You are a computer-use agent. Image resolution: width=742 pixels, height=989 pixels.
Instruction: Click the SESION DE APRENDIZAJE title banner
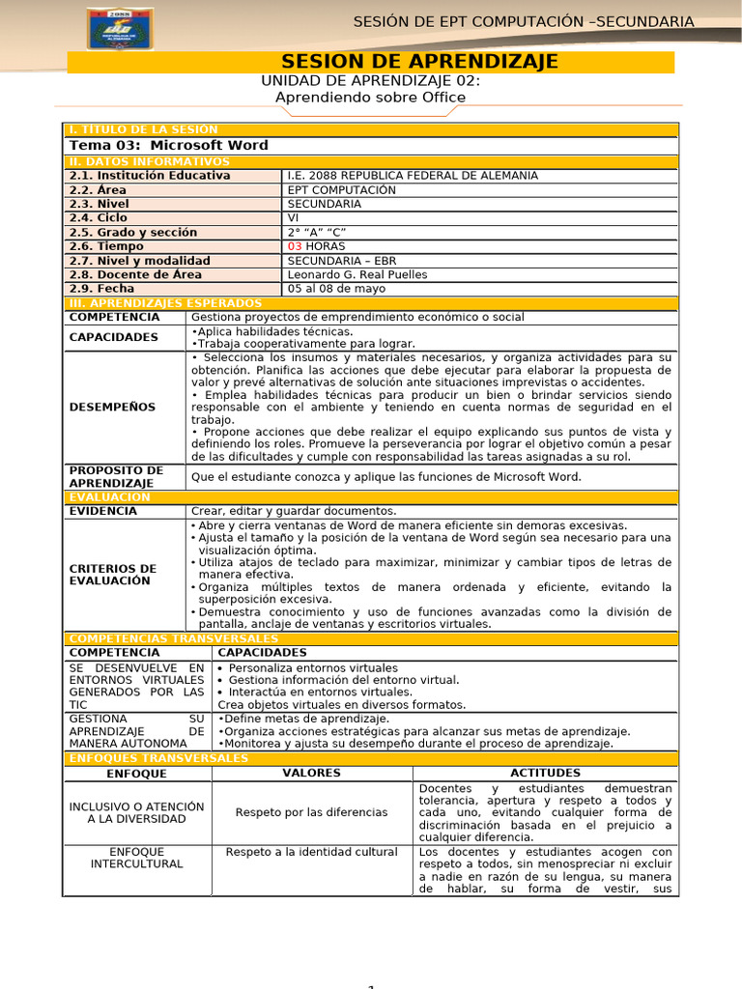coord(418,62)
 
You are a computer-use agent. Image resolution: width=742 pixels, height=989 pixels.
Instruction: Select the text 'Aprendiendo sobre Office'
coord(370,98)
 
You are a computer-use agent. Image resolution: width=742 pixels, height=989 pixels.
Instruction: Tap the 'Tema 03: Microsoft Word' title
coord(169,146)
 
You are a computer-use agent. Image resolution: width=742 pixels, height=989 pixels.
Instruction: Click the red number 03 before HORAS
coord(296,246)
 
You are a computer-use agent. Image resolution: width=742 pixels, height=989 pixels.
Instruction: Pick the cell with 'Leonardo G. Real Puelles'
coord(357,274)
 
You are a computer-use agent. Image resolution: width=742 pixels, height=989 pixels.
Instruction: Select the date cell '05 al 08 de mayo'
coord(336,289)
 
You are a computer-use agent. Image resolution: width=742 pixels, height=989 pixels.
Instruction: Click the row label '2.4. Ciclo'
coord(99,218)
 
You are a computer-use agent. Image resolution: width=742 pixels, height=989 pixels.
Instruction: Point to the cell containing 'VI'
coord(294,218)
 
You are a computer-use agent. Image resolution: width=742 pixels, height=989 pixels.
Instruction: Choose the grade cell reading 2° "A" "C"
coord(316,233)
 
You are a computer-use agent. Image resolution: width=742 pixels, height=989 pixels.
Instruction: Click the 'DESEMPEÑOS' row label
coord(112,407)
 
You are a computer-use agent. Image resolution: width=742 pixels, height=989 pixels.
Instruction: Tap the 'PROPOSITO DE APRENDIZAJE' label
coord(116,476)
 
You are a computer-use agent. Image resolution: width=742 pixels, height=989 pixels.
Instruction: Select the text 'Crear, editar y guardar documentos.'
coord(294,511)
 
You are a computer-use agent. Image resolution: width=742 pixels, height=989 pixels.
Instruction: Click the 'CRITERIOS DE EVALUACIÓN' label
coord(112,575)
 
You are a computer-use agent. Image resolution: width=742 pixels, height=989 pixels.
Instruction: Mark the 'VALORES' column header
coord(311,774)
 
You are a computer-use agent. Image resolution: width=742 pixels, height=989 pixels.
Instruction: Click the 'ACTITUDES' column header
coord(545,774)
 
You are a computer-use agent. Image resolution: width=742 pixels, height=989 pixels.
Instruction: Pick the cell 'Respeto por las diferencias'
coord(311,812)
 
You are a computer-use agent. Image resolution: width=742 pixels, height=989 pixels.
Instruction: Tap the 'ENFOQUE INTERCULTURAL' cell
coord(136,858)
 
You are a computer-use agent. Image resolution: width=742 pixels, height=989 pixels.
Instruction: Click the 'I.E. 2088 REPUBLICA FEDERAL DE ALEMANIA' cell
coord(413,176)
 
